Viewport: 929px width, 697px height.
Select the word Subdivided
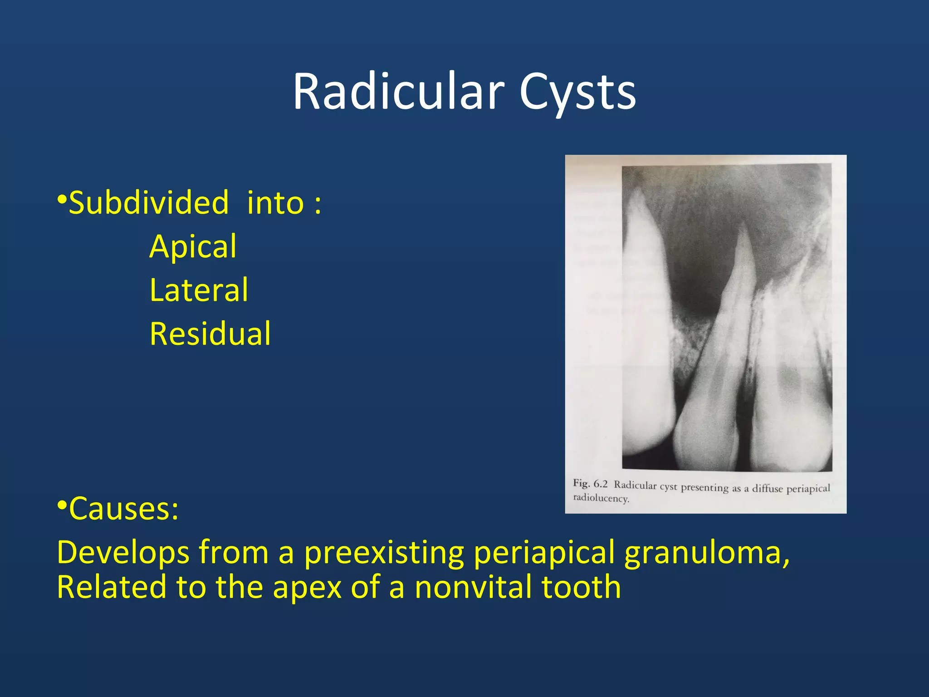point(149,203)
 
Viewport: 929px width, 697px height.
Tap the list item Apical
point(193,247)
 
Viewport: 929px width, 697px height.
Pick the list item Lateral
point(199,290)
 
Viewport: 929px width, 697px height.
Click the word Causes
point(123,509)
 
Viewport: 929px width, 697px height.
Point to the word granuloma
point(707,553)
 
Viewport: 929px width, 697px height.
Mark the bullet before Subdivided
point(62,199)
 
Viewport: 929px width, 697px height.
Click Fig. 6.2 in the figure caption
point(590,484)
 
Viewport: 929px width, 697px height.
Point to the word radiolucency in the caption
point(601,498)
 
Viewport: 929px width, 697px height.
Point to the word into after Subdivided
point(275,203)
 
